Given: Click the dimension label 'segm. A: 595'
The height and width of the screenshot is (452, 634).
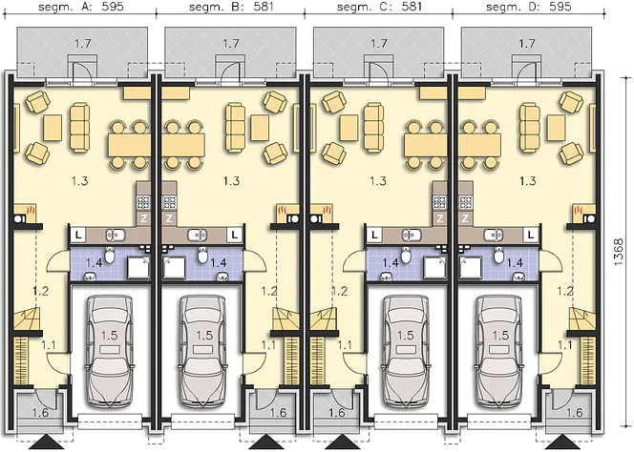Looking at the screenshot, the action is [82, 7].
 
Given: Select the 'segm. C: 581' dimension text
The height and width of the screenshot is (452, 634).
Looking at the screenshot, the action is [379, 7].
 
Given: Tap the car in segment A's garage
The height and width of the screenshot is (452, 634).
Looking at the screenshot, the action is [110, 351].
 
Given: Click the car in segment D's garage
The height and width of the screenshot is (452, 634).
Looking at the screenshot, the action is [500, 351].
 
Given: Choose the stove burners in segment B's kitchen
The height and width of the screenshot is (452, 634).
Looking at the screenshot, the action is [168, 201].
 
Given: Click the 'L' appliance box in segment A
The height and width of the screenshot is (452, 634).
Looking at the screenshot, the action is [78, 235].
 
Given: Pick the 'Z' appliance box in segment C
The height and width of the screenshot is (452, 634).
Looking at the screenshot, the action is [439, 218].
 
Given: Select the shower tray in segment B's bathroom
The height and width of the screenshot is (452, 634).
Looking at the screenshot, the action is [175, 267].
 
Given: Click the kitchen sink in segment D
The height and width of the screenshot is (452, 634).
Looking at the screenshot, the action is [494, 235].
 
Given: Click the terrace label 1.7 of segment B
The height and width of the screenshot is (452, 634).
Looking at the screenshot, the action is [231, 43].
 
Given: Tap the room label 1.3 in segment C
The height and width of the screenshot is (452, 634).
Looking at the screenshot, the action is [378, 181].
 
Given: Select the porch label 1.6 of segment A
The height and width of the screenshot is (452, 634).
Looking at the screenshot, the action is [40, 412].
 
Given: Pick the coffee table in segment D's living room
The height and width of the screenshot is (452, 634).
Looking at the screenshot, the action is [557, 128].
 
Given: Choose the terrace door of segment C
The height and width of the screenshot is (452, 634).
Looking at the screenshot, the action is [379, 69].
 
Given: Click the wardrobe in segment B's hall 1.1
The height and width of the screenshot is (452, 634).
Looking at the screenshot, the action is [292, 360].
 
